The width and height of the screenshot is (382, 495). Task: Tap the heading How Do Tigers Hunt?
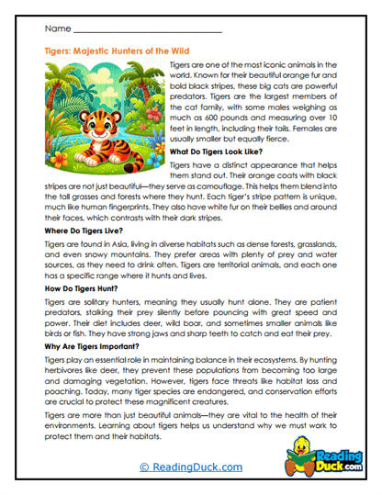pos(83,289)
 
